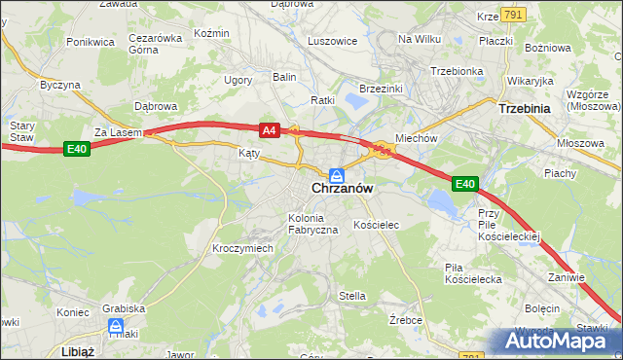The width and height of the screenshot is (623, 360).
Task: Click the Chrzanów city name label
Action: [x=337, y=189]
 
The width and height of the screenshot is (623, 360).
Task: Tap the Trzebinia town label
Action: [x=525, y=110]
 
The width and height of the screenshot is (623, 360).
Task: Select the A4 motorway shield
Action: [x=270, y=128]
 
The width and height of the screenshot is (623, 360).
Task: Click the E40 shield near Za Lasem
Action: [x=78, y=149]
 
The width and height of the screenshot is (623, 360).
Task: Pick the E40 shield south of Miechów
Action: [x=465, y=184]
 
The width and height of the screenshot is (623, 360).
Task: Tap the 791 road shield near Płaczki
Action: [x=514, y=15]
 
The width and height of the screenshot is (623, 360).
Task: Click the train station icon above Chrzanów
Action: [x=336, y=174]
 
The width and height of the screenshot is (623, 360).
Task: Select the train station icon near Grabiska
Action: [x=116, y=326]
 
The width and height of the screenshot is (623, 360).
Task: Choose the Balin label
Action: [x=284, y=76]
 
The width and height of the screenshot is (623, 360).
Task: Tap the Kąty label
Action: [x=249, y=154]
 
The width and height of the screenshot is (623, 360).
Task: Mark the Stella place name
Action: [x=351, y=296]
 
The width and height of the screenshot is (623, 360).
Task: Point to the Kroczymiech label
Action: [x=242, y=249]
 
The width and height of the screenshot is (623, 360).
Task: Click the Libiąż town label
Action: [x=76, y=350]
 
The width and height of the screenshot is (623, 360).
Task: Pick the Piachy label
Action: [x=561, y=173]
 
